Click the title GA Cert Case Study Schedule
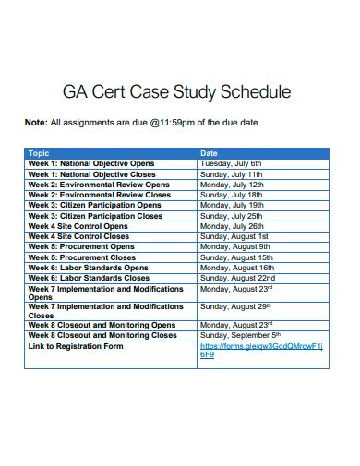coord(176,92)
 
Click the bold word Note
coord(35,122)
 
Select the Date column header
coord(209,153)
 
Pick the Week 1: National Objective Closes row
coord(91,173)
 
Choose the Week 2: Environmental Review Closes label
coord(99,195)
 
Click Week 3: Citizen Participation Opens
coord(94,205)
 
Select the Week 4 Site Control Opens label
coord(78,226)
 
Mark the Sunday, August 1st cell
coord(234,236)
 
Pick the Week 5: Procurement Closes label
coord(81,257)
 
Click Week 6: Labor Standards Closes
coord(88,278)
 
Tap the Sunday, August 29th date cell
coord(236,305)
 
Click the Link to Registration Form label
coord(75,346)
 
